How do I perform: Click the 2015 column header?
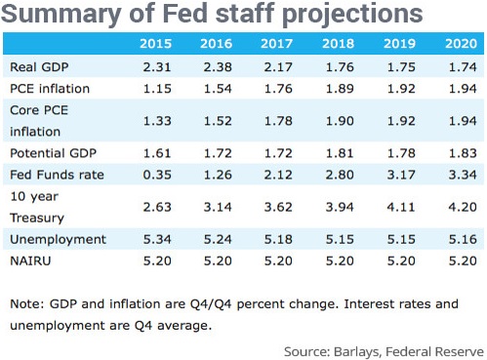click(x=155, y=44)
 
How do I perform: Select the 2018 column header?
click(x=338, y=44)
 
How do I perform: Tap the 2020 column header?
click(x=461, y=44)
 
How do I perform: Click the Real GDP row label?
click(x=39, y=67)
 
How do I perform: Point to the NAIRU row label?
click(x=30, y=260)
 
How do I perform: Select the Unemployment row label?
click(x=58, y=240)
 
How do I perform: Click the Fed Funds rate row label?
click(x=57, y=175)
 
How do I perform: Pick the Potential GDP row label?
click(x=54, y=153)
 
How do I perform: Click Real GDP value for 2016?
click(x=218, y=67)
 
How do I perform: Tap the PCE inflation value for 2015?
click(x=157, y=89)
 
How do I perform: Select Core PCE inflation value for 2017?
click(x=278, y=121)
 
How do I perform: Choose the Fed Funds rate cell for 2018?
click(x=340, y=175)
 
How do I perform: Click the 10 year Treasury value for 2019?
click(x=401, y=207)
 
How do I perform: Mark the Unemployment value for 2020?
click(x=463, y=240)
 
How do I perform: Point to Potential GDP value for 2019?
click(x=401, y=153)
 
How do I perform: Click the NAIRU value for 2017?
click(x=278, y=260)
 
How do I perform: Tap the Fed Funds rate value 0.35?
click(x=157, y=175)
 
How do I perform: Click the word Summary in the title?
click(x=61, y=15)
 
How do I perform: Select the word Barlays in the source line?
click(x=357, y=352)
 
